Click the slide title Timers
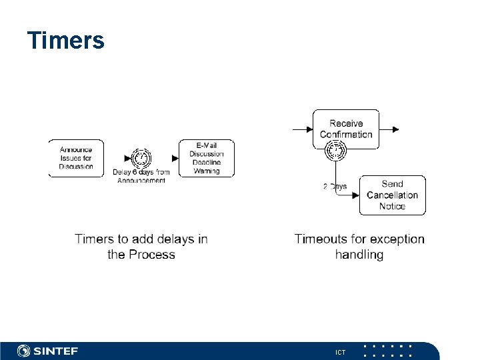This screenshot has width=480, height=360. tap(66, 41)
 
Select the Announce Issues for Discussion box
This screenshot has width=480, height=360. tap(76, 158)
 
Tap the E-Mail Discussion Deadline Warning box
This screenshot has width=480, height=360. tap(207, 158)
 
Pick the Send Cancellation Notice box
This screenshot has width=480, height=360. tap(392, 195)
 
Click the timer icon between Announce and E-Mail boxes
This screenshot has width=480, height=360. tap(141, 159)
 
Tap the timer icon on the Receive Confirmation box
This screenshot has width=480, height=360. tap(335, 151)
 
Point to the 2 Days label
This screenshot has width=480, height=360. tap(335, 187)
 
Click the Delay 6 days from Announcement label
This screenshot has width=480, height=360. tap(141, 176)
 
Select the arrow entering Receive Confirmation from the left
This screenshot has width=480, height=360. tap(303, 129)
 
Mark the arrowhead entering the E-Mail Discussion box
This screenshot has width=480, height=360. tap(175, 159)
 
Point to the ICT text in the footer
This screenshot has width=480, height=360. tap(341, 352)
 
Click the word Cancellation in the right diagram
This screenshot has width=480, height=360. tap(392, 195)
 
